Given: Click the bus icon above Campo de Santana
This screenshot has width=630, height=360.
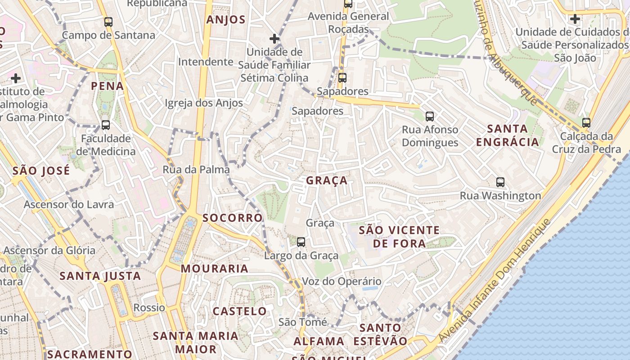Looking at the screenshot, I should pos(108,22).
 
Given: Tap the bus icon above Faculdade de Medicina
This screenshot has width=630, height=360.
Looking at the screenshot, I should pos(106,125).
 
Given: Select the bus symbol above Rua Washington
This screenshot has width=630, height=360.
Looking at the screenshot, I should pos(500,182).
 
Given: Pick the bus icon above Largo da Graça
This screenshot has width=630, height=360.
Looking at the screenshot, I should pos(301,242).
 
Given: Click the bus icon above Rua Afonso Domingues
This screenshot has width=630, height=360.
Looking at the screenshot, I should pos(430,117).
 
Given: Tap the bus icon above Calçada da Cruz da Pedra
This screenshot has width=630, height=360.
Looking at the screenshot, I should pos(586,122).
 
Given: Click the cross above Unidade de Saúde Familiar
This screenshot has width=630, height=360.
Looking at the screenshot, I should pos(274,39).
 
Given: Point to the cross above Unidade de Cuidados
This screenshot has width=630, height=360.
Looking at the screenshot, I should pos(575,19).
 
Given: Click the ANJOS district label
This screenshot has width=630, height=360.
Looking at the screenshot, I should pos(226,20).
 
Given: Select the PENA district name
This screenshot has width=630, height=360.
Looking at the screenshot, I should pos(107,86).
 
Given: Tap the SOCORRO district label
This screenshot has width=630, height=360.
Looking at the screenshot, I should pos(232,218).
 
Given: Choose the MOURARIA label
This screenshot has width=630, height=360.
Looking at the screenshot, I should pos(214,269).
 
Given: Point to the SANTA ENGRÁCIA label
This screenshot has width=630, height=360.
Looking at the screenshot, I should pos(507,135).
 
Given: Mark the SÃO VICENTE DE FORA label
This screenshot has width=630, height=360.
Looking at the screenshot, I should pos(399,237).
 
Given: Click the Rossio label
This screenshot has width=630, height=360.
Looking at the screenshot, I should pos(149,308).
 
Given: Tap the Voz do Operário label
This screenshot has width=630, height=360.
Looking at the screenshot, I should pos(342,282).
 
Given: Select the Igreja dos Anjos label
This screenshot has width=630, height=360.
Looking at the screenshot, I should pos(204,103).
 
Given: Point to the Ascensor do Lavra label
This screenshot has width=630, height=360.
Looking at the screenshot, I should pos(69,204).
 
